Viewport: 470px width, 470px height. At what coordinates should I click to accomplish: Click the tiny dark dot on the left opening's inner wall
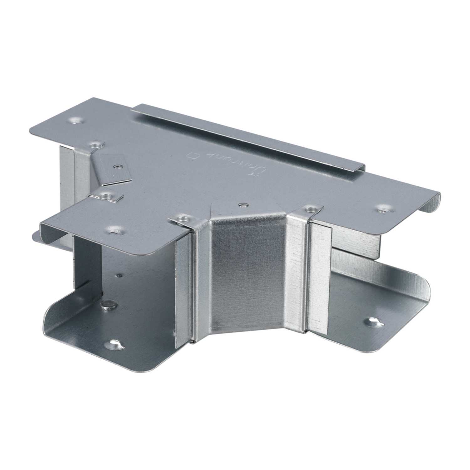point(119,276)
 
